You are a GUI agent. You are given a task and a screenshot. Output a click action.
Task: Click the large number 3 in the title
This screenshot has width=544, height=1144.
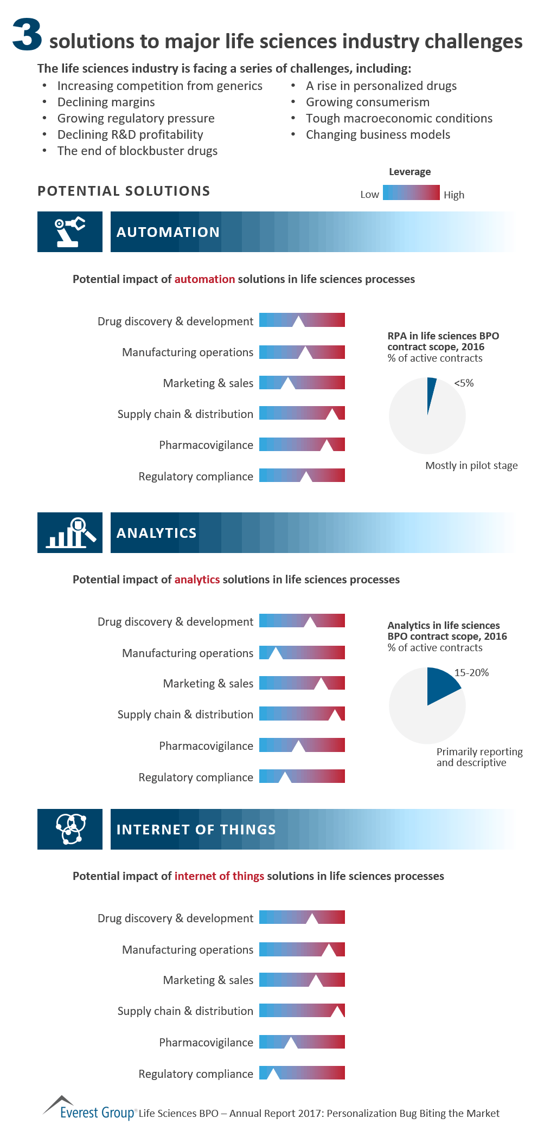(27, 35)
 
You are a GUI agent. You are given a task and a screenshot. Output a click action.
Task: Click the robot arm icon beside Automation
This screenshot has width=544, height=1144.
(70, 232)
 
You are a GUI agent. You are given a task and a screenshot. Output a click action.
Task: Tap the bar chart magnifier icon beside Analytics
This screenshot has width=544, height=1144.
(70, 532)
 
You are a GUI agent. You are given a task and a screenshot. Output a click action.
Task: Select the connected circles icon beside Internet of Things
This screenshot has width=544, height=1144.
(70, 829)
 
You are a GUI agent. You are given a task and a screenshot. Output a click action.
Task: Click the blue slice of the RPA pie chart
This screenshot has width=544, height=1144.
(431, 391)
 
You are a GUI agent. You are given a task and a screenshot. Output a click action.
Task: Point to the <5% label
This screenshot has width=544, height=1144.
(464, 383)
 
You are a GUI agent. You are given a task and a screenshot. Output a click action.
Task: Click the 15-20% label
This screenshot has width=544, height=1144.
(471, 673)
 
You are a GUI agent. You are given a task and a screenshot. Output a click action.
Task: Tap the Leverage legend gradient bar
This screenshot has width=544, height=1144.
(411, 192)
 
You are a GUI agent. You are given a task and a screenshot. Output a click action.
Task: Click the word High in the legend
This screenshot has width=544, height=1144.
(454, 195)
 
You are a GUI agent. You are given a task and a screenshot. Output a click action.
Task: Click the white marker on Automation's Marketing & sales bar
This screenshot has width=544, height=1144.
(287, 384)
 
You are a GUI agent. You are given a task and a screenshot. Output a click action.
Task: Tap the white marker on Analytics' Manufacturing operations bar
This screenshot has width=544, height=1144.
(276, 653)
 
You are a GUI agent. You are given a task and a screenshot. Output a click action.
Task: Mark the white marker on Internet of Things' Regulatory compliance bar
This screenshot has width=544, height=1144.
(273, 1074)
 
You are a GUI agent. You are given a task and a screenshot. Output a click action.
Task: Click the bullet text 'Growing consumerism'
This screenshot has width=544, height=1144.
(368, 102)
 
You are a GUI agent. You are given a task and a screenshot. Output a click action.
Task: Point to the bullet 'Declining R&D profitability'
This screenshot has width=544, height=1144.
(130, 134)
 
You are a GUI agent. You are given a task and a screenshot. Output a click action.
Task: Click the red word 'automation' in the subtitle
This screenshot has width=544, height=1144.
(204, 279)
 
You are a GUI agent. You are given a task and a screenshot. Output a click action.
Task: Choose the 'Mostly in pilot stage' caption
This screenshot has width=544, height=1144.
(471, 465)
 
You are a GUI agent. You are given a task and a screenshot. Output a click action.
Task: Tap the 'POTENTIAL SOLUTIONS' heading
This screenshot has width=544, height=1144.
(124, 191)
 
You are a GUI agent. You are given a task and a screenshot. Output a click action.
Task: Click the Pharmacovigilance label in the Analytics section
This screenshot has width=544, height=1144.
(206, 746)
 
